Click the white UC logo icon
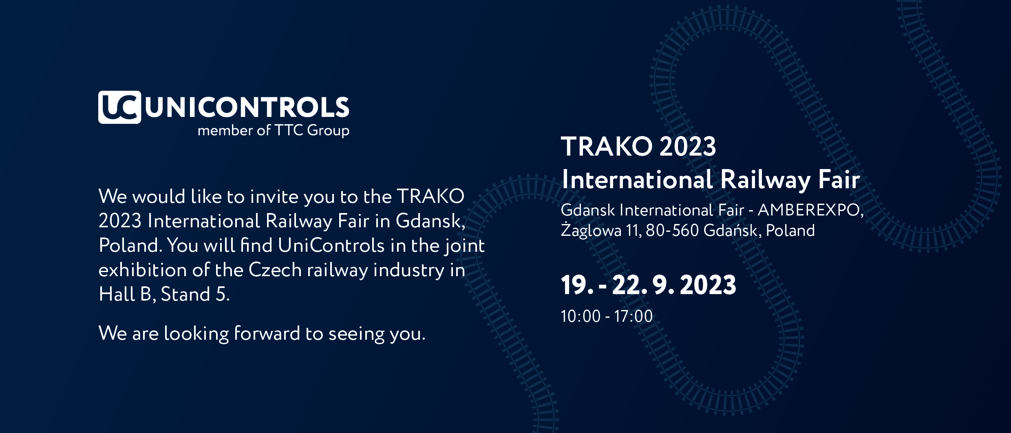tap(119, 107)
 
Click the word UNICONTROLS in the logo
tap(247, 108)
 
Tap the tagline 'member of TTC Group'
tap(274, 131)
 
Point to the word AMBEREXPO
tap(810, 210)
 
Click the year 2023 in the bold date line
tap(708, 285)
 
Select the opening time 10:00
tap(581, 316)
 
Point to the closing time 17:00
tap(634, 316)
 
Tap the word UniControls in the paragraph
tap(331, 245)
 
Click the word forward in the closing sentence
tap(267, 333)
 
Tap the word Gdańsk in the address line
tap(732, 231)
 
